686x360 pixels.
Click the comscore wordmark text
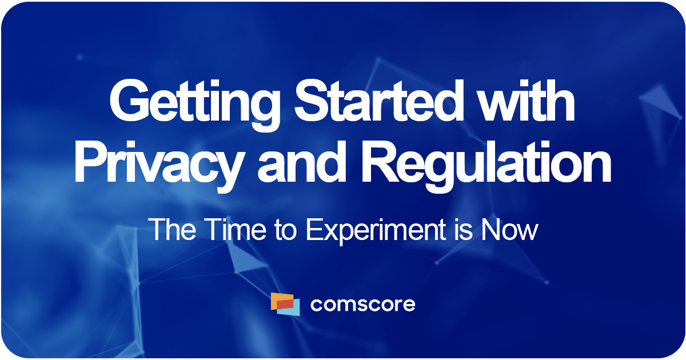(x=362, y=305)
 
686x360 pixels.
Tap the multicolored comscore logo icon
(x=285, y=304)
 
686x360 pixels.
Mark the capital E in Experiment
(x=311, y=230)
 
